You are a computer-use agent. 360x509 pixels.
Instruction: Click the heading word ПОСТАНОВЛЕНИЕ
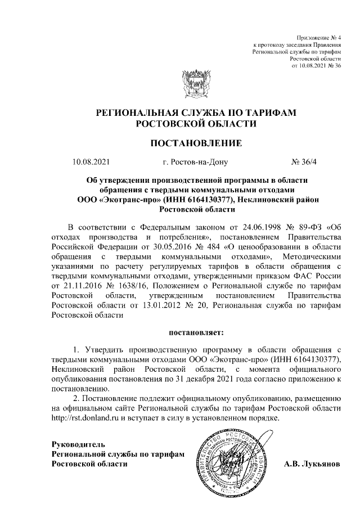click(x=196, y=143)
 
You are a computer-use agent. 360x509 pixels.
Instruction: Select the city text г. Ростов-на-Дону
click(x=195, y=163)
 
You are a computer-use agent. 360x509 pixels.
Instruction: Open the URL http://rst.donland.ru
click(x=85, y=418)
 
